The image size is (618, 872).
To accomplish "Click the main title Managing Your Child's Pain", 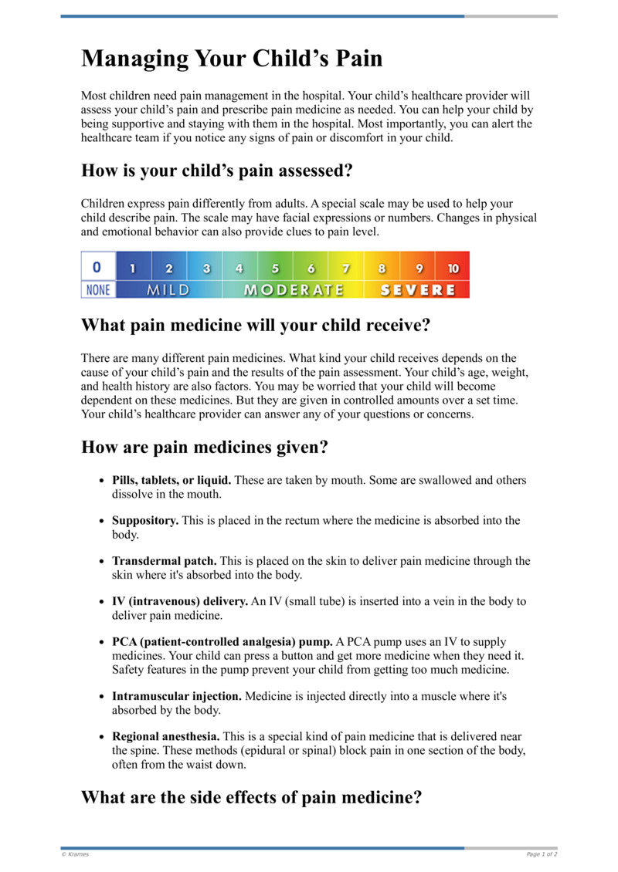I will (232, 59).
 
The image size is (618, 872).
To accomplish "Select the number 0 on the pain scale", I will (97, 268).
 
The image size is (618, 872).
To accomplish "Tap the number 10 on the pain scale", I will (453, 269).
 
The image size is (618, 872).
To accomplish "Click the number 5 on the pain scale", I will (275, 269).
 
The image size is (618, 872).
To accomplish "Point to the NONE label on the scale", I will (97, 290).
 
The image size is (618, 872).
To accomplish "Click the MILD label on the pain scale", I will (168, 290).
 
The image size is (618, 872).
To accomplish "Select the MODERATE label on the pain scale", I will (293, 290).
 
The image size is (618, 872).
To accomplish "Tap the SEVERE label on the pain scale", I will (416, 290).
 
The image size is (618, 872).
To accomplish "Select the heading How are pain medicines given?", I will (205, 447).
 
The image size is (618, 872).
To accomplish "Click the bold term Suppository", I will (145, 521).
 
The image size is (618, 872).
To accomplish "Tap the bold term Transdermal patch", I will (165, 561).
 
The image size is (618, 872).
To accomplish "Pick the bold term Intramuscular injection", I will (177, 696).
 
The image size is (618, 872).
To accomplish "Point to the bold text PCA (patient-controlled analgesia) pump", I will (222, 642).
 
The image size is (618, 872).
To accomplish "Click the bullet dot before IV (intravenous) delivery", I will (101, 602).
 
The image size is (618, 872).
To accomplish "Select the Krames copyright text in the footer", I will (75, 854).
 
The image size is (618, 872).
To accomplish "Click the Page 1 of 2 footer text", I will (542, 854).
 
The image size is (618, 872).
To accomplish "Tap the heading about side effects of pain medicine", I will (251, 796).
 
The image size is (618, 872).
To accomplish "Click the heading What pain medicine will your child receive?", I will (255, 325).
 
